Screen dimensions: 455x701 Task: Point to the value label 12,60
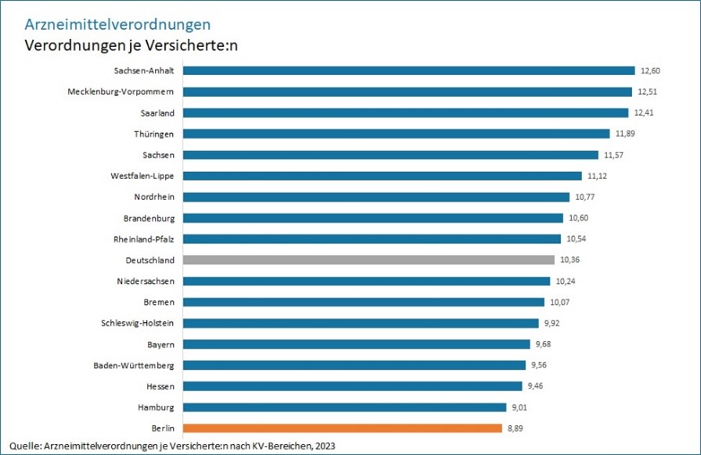[x=650, y=70]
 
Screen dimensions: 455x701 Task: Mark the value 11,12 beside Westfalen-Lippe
[x=597, y=176]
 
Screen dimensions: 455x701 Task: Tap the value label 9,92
[x=546, y=323]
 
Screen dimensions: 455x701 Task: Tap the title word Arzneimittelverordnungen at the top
[x=118, y=24]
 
